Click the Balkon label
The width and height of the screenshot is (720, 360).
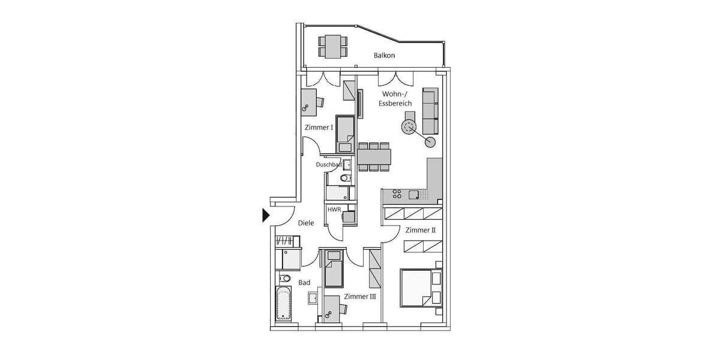tap(384, 56)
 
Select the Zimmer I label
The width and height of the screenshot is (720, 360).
tap(319, 127)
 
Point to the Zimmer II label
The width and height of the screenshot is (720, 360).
tap(421, 230)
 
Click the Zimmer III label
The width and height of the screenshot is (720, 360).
tap(360, 296)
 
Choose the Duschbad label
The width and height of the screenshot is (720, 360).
tap(329, 164)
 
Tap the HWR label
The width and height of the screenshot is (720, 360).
tap(334, 209)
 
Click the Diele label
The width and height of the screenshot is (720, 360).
tap(306, 223)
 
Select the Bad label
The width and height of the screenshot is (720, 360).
tap(304, 282)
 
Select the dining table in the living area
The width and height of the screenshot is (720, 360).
tap(374, 157)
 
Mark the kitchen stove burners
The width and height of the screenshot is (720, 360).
tap(397, 194)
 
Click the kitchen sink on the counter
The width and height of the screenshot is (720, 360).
tap(414, 194)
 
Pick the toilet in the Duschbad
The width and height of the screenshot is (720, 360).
tap(344, 178)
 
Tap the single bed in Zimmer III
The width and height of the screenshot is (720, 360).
tap(333, 271)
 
